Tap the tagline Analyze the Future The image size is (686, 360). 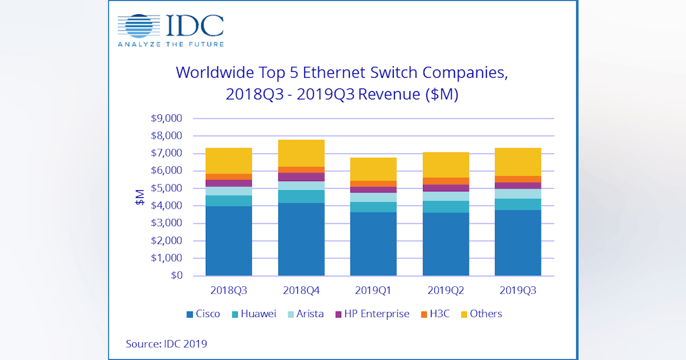pos(170,44)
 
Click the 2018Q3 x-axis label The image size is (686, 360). pos(229,290)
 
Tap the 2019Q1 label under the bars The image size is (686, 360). pos(373,290)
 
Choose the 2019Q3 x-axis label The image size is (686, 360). pos(518,290)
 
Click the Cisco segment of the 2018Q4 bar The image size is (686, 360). pos(301,239)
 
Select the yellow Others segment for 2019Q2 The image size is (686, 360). pos(445,165)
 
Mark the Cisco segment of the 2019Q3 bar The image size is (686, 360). pos(518,243)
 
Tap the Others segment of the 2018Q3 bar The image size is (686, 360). pos(229,161)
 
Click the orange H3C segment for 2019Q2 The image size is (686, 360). pos(445,181)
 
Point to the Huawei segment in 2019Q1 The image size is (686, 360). pos(373,207)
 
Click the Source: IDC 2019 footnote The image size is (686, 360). pos(166,344)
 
